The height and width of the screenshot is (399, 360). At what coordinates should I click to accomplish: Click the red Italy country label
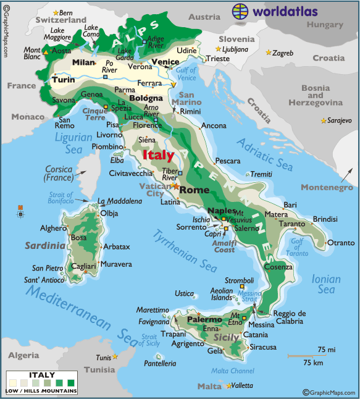point(158,155)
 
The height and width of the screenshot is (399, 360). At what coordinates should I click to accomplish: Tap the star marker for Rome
point(175,185)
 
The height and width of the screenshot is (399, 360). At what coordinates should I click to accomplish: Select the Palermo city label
point(204,320)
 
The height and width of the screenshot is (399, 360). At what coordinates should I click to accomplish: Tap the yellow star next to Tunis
point(115,357)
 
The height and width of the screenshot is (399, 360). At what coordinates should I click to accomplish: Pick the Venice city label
point(165,62)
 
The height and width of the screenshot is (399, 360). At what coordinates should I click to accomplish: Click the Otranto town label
point(341,243)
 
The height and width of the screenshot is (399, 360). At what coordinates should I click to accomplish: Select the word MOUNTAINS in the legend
point(60,391)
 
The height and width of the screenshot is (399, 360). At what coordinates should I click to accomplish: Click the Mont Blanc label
point(32,53)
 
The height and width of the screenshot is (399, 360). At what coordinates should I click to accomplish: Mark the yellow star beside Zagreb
point(268,53)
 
